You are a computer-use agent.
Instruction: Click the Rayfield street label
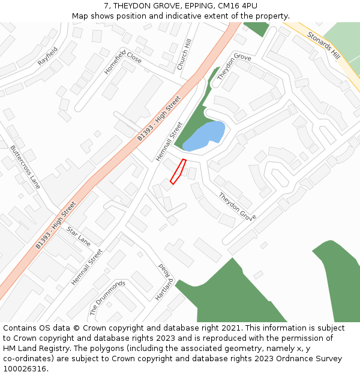47,56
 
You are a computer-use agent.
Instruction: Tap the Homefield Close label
123,62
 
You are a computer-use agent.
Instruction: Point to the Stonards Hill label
323,45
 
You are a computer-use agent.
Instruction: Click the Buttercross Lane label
25,167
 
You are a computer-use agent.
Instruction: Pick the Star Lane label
79,236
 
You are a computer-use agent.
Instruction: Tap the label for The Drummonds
107,298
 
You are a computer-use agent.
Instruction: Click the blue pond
204,136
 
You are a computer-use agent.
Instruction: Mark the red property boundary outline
178,172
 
